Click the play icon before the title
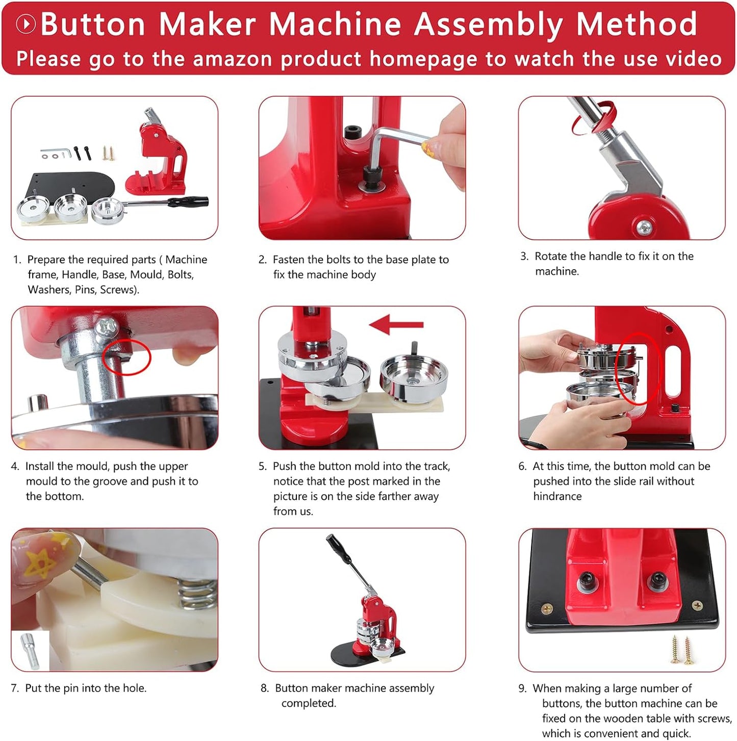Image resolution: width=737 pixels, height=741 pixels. (26, 24)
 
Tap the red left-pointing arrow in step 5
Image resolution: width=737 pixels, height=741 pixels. (396, 324)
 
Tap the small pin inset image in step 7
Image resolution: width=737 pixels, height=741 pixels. (30, 651)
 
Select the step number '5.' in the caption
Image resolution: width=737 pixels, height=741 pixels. (263, 466)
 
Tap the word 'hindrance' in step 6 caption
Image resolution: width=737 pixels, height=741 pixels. (557, 496)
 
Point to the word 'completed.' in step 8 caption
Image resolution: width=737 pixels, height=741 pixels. (309, 703)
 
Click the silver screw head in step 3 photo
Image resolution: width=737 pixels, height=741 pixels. (644, 225)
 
